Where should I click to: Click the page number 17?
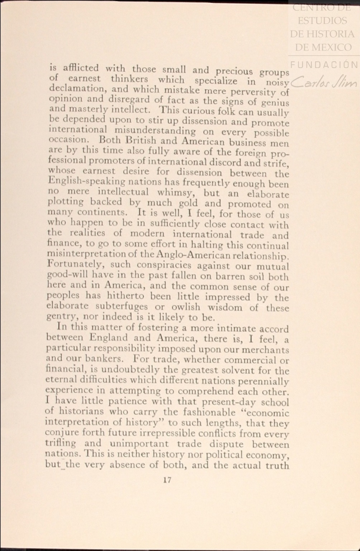167,480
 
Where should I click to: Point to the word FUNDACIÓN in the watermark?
324,64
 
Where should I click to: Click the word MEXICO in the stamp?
333,47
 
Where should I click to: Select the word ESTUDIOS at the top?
322,20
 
